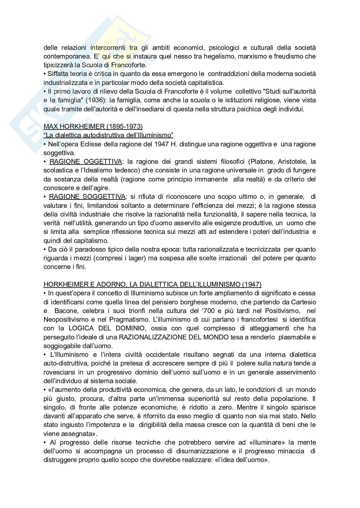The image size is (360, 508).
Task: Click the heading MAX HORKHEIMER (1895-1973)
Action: [93, 126]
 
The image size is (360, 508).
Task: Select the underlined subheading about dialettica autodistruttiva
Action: [109, 135]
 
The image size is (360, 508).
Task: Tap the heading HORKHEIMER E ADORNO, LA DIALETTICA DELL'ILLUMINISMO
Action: [152, 284]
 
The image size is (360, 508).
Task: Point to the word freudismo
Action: [279, 56]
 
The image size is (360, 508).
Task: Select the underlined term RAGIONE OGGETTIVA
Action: [85, 162]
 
